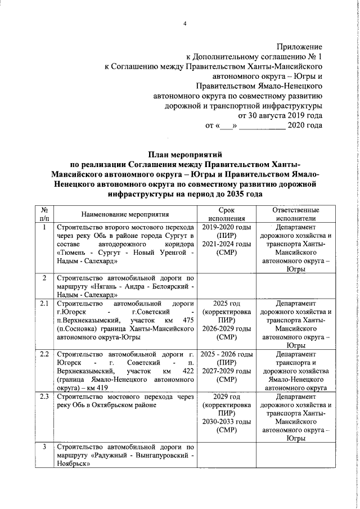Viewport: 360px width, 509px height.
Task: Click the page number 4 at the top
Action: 183,23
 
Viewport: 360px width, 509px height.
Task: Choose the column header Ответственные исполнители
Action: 292,214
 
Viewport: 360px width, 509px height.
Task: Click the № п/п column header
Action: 44,214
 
